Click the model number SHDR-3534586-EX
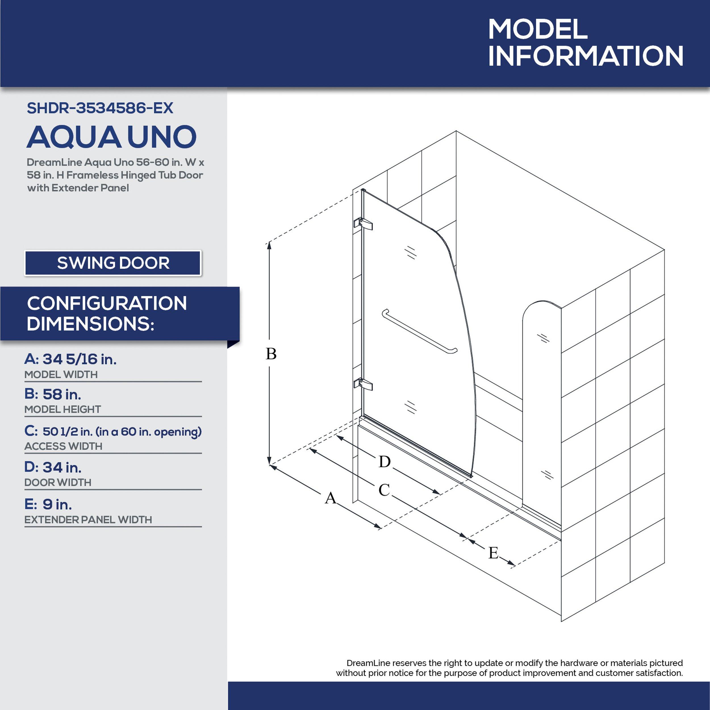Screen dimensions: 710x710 (100, 108)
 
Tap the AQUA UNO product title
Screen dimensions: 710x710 (112, 137)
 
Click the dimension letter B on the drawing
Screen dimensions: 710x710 (271, 354)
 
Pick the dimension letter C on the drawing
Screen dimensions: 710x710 (384, 490)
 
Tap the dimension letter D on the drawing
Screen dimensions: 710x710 (385, 461)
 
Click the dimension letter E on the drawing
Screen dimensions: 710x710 (493, 553)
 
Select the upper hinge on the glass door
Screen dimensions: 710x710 (363, 224)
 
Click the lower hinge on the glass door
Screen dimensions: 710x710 (363, 384)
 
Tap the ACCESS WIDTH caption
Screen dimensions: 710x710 (63, 446)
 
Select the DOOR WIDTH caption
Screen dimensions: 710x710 (58, 483)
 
